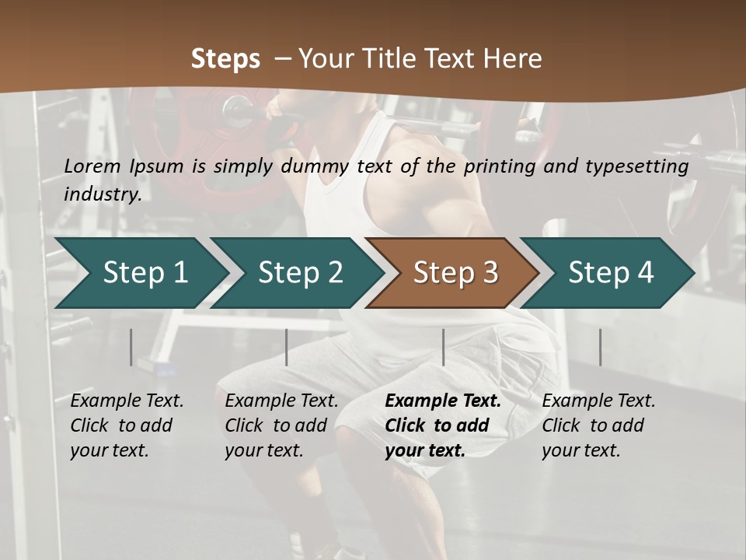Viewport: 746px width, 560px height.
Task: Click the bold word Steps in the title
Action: pos(225,59)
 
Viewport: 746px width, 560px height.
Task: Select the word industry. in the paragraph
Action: pos(103,194)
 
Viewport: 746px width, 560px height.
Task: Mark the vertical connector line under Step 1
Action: pos(131,347)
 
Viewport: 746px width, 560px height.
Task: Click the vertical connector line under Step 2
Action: pos(286,347)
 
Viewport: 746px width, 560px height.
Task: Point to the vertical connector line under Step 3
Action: pos(443,347)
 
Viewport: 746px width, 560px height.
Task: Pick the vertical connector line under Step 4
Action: pos(600,347)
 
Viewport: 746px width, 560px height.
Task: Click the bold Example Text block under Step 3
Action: pos(443,425)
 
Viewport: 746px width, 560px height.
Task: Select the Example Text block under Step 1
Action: pos(127,425)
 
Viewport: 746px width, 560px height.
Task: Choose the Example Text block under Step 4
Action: pos(598,425)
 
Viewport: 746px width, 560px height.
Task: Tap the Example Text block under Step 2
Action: pos(281,425)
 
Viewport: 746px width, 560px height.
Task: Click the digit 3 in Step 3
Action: pos(490,273)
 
